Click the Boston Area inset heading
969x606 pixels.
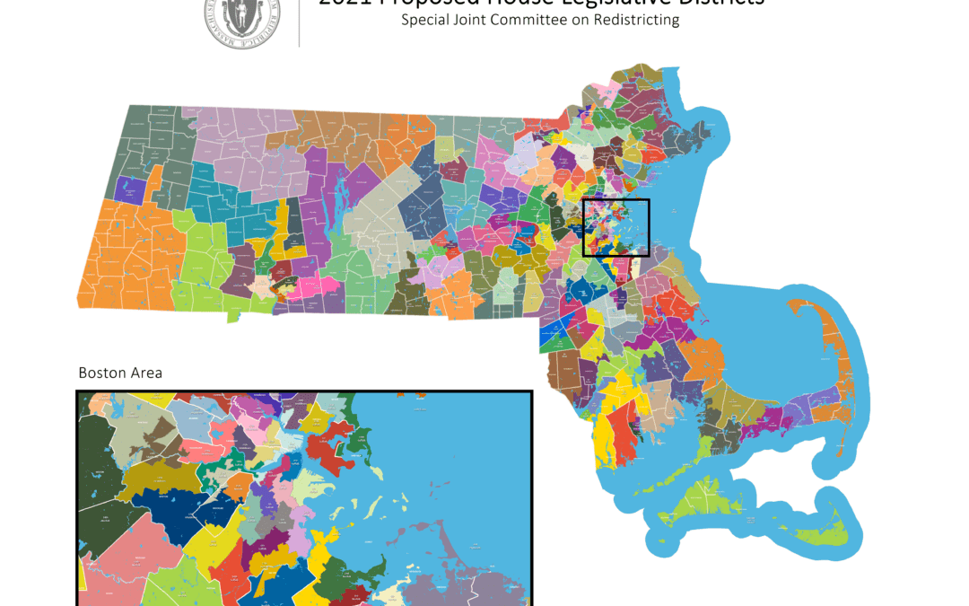click(x=120, y=373)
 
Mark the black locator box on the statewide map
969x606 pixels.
click(x=615, y=228)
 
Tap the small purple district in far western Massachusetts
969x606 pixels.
click(x=129, y=189)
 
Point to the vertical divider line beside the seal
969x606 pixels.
click(x=299, y=22)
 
